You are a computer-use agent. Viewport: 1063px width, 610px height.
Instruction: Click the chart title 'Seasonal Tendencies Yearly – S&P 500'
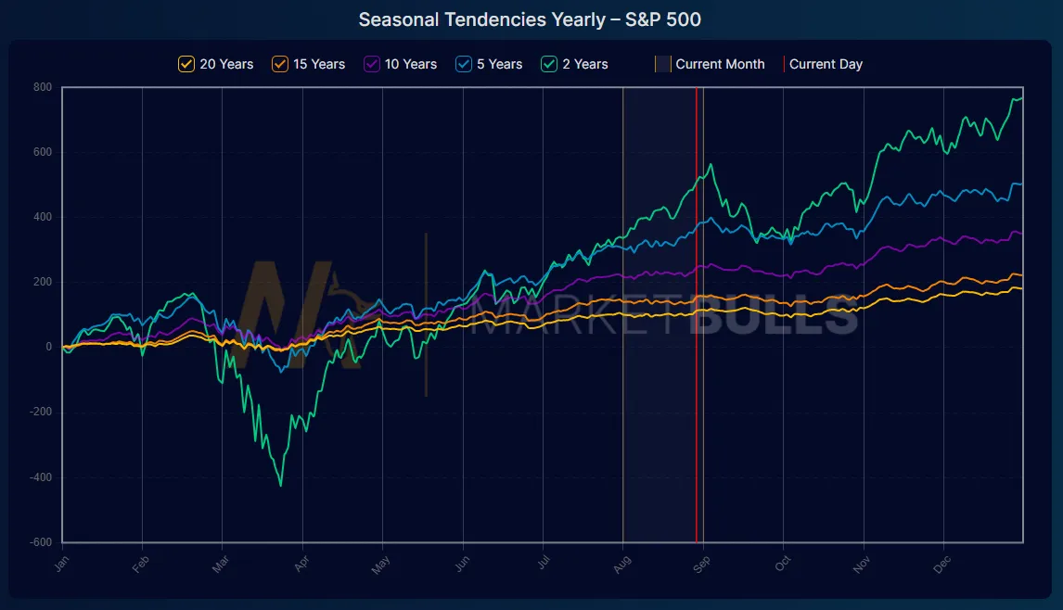(x=530, y=19)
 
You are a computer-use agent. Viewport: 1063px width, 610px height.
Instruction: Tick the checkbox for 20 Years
(x=186, y=64)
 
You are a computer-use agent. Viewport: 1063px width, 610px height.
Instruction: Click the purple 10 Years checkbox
(x=372, y=64)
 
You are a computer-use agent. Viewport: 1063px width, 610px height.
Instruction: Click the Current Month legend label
(x=720, y=64)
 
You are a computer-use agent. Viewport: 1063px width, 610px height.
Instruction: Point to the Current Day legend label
(x=826, y=64)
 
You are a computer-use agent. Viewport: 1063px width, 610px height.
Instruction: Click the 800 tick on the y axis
(x=44, y=87)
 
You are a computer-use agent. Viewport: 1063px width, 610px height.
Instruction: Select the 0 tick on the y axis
(x=49, y=348)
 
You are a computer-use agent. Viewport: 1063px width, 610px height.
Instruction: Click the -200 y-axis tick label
(x=42, y=413)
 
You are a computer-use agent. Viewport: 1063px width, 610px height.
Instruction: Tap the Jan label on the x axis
(x=60, y=565)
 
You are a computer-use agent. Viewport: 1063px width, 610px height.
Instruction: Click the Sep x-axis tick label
(x=701, y=565)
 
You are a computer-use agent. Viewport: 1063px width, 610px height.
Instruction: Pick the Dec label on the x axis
(x=941, y=565)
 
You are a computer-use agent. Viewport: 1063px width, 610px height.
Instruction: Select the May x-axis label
(x=380, y=565)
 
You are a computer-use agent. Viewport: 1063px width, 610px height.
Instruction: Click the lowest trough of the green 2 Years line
(x=281, y=485)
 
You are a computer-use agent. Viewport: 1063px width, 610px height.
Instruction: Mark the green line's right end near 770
(x=1021, y=98)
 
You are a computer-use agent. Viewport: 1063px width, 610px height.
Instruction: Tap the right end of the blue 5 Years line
(x=1021, y=184)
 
